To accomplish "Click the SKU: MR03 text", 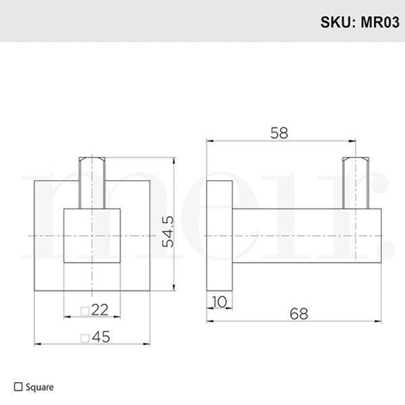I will (x=359, y=22).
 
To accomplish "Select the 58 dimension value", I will (x=279, y=133).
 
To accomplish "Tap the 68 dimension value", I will (x=299, y=313).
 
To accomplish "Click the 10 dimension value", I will (x=219, y=301).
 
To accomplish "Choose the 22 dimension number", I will (x=99, y=310).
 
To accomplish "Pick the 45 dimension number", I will (x=101, y=337).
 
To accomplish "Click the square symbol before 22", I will (x=85, y=311).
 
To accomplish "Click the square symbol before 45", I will (x=85, y=338).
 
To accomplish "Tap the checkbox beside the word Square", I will (x=18, y=387).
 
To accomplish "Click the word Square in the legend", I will (x=40, y=387).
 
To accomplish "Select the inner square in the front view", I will (x=92, y=235).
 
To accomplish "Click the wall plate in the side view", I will (x=219, y=235).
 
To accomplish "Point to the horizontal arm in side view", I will (x=300, y=235).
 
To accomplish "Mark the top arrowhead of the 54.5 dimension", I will (x=174, y=160).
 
